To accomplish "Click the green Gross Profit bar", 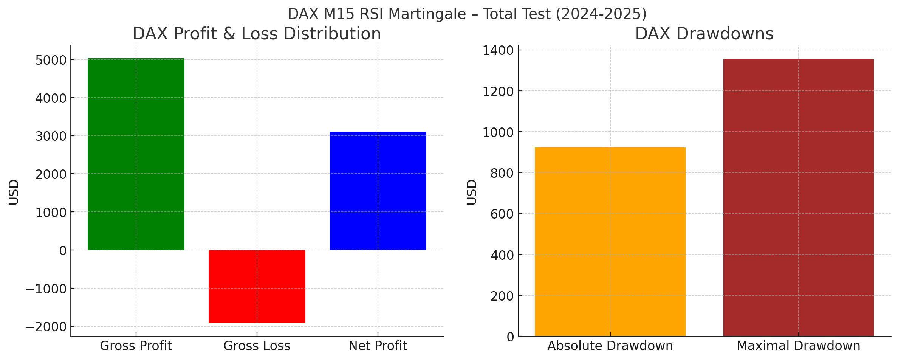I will click(x=136, y=154).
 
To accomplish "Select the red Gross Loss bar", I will click(x=257, y=286).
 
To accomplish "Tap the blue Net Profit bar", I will click(x=378, y=191).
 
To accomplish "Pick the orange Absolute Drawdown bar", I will click(x=610, y=242).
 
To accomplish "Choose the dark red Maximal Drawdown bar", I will click(x=799, y=197).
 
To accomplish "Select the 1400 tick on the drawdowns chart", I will click(x=498, y=51).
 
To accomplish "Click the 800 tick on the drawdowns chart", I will click(x=502, y=173).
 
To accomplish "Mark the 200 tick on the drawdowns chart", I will click(x=502, y=296).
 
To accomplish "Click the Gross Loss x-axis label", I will click(x=257, y=346).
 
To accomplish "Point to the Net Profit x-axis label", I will click(x=378, y=346).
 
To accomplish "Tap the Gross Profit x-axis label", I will click(x=136, y=346).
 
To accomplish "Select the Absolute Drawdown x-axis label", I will click(x=610, y=346).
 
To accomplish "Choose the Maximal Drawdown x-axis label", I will click(x=799, y=346).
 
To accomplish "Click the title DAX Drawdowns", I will click(x=704, y=34).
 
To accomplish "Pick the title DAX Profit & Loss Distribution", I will click(x=257, y=34).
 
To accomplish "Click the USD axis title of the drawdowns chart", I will click(x=472, y=192).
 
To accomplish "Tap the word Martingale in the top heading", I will click(x=427, y=14).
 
